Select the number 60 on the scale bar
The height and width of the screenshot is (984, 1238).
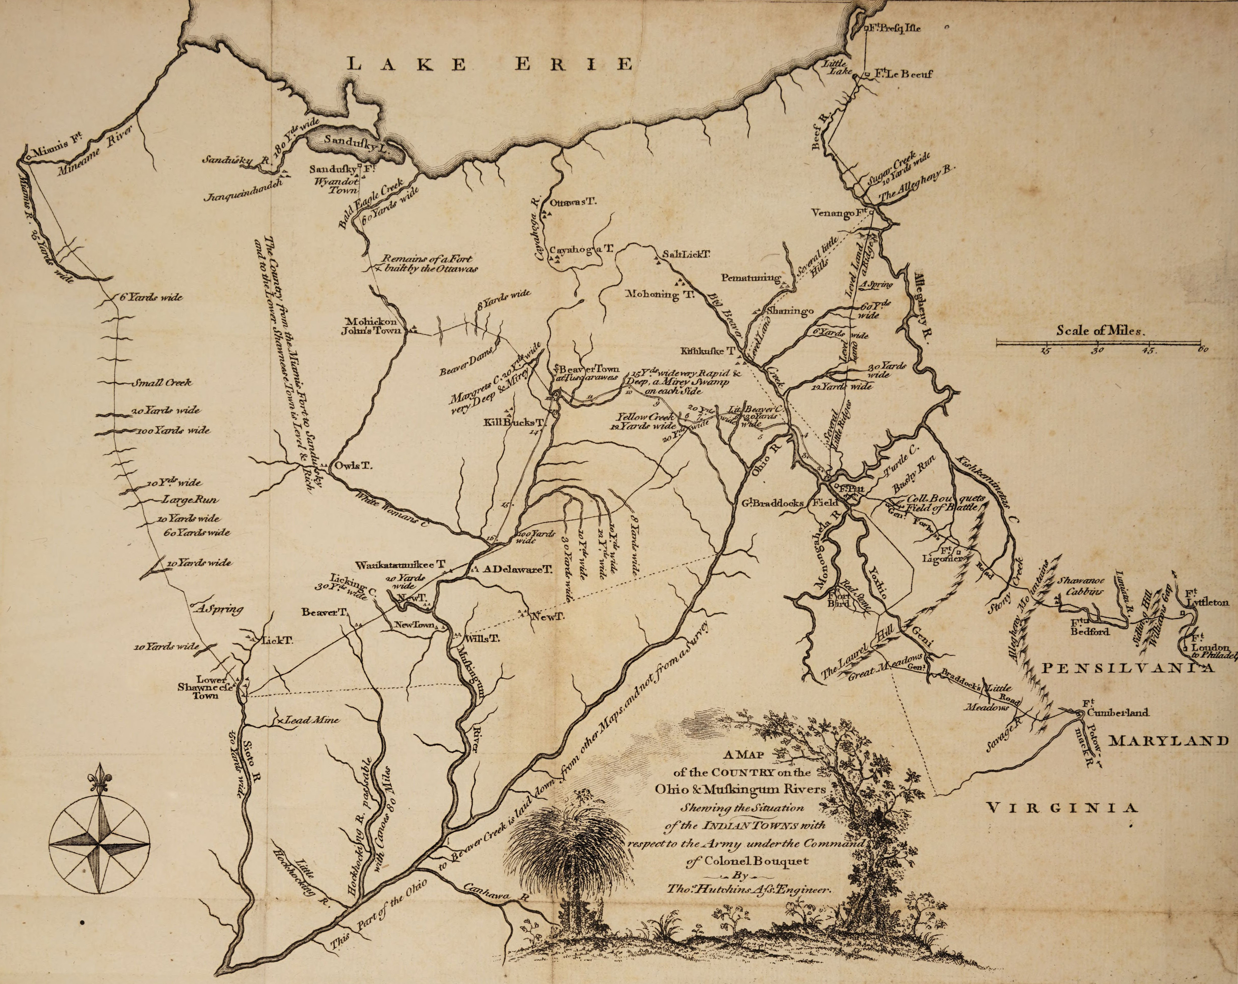(1198, 351)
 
